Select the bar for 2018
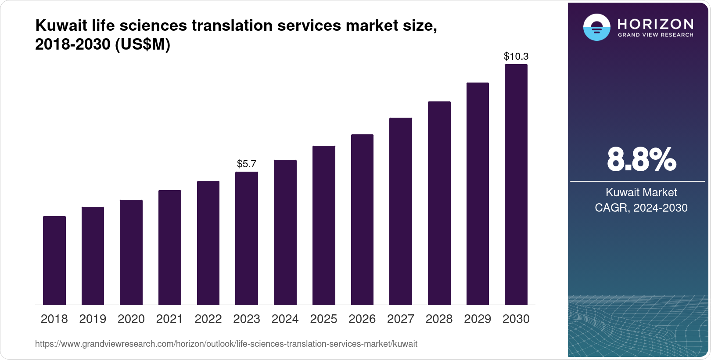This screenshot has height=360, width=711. pos(54,260)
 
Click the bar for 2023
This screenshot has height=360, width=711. pos(247,238)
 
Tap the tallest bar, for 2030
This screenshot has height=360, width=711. pos(516,184)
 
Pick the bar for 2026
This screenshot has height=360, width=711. pos(362,220)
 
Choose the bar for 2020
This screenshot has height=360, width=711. pos(131,252)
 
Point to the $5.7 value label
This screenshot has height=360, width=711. pos(247,164)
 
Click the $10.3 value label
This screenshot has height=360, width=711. pos(516,57)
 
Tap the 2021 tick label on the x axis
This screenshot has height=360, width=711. pos(169,319)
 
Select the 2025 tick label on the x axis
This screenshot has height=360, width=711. pos(323,319)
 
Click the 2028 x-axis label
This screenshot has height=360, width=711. pos(439,319)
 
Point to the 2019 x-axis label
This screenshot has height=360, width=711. pos(93,319)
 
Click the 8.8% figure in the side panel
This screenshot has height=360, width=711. pos(641,160)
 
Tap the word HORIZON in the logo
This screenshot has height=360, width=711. pos(656,24)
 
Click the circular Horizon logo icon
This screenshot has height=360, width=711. pos(596,27)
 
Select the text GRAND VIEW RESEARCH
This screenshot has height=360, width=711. pos(656,35)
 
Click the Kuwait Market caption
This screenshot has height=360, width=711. pos(641,192)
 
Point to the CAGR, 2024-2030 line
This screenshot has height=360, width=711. pos(641,208)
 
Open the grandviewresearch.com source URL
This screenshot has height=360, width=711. pos(226,344)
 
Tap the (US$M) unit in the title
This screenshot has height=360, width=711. pos(143,45)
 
